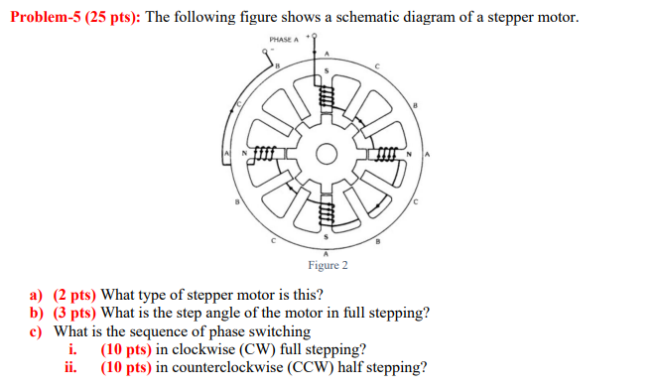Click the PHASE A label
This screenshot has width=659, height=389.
pos(284,40)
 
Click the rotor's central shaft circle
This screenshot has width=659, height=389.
pos(326,154)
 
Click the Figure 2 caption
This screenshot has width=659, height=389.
pos(328,265)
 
